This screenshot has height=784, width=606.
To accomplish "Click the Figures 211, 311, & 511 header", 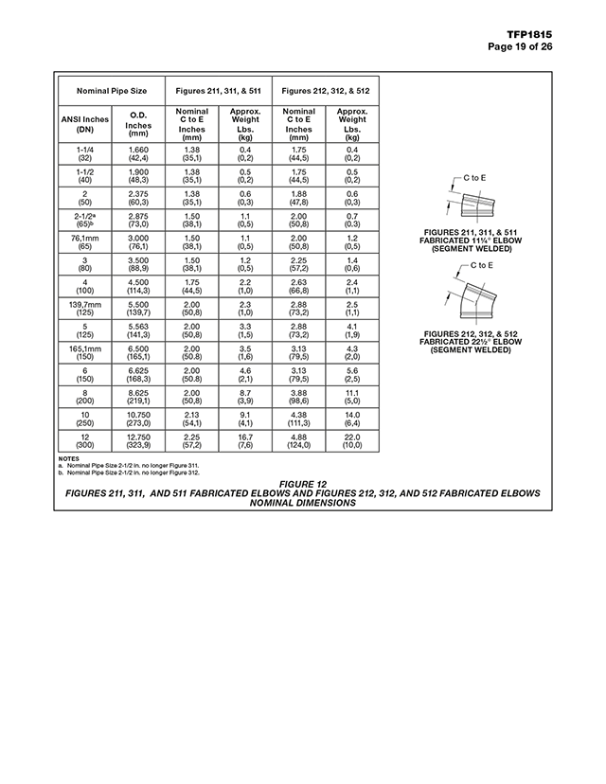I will click(219, 91).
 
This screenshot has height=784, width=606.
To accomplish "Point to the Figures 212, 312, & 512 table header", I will click(326, 91).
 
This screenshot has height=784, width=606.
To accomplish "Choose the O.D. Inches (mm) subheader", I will click(138, 125).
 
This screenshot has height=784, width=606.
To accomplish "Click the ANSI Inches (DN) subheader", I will click(85, 125).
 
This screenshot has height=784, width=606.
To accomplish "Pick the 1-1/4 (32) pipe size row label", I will click(85, 153).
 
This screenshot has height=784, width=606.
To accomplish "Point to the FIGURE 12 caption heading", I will click(302, 485).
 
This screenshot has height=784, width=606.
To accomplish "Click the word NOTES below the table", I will click(68, 458).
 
